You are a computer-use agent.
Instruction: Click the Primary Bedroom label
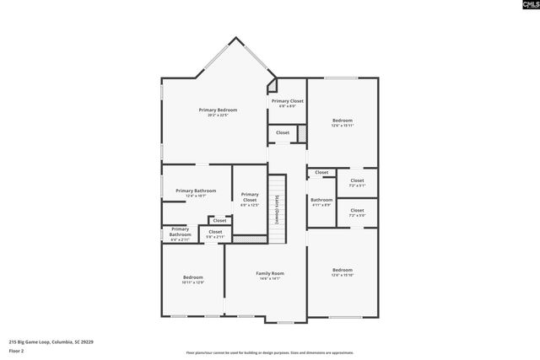coord(218,110)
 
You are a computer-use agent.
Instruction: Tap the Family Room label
coord(270,274)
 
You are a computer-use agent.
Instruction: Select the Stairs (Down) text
coord(275,207)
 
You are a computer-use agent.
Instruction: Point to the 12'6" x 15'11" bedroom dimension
coord(342,126)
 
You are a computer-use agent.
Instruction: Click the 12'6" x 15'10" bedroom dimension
coord(342,275)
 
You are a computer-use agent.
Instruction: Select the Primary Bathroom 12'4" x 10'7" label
coord(196,193)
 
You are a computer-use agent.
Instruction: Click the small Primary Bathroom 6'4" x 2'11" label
coord(180,234)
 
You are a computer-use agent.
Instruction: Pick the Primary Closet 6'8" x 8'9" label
coord(287,103)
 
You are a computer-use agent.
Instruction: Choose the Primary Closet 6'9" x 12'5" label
coord(249,199)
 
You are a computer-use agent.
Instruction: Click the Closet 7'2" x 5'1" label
coord(357,182)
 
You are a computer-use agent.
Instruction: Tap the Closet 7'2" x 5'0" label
coord(357,212)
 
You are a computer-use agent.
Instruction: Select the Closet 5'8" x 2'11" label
coord(215,234)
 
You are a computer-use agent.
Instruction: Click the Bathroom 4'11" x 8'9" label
coord(321,201)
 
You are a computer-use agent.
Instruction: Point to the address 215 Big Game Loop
coord(51,341)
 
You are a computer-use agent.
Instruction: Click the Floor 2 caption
coord(17,349)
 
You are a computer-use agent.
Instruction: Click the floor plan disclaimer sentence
coord(270,352)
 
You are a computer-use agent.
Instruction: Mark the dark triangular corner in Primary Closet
coord(272,85)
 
